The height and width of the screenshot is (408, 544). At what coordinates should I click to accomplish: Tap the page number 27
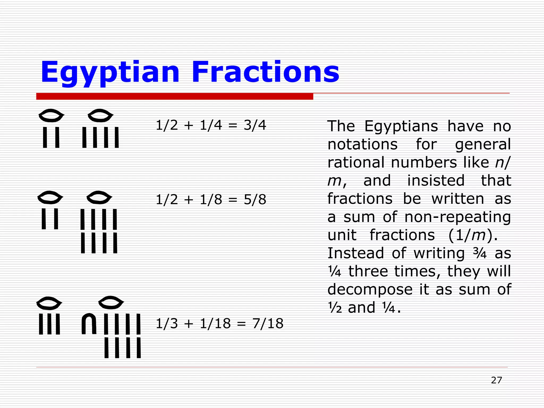[496, 380]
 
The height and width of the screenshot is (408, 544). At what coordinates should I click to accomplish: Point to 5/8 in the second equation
[255, 199]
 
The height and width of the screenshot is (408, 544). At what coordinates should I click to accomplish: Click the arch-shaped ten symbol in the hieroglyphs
[89, 324]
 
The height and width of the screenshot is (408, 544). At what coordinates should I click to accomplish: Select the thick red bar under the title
[175, 96]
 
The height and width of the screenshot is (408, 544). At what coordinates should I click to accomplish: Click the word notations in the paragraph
[363, 144]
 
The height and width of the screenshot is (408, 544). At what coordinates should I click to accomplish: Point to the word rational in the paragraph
[356, 162]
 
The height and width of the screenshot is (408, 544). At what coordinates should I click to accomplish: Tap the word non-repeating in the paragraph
[457, 217]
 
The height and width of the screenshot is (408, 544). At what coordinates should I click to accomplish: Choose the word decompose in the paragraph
[370, 289]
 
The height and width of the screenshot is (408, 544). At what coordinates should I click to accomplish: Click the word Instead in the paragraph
[356, 253]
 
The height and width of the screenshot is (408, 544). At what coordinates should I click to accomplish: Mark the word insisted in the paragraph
[436, 181]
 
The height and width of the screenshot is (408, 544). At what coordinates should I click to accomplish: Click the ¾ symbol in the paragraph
[480, 253]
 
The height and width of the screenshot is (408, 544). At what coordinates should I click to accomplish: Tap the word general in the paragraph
[483, 145]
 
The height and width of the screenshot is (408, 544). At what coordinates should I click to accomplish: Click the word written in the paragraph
[458, 199]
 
